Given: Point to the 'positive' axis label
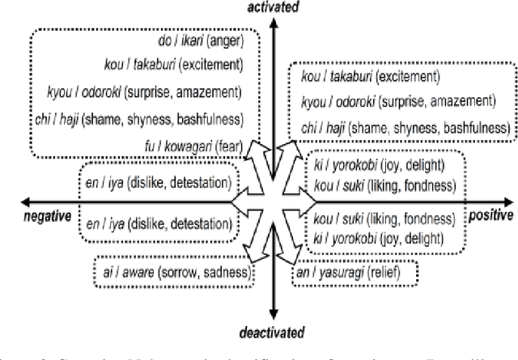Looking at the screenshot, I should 490,216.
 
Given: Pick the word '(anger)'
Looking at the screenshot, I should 227,40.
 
